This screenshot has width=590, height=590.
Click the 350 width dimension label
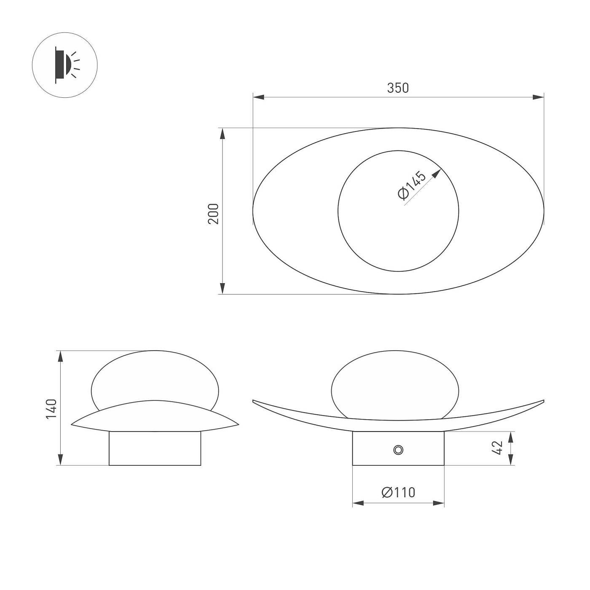coord(398,88)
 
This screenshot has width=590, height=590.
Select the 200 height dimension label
coord(214,214)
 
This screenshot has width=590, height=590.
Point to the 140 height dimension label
coord(51,408)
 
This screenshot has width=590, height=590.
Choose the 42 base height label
coord(498,448)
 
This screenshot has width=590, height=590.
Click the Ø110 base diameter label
coord(398,492)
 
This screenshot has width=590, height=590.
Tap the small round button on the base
coord(398,450)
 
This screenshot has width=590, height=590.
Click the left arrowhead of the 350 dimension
coord(258,97)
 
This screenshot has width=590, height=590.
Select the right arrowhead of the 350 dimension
coord(539,97)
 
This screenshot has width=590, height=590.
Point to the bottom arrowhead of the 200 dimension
coord(222,289)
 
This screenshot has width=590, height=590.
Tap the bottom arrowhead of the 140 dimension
coord(61,460)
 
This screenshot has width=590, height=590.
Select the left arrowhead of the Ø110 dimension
coord(358,503)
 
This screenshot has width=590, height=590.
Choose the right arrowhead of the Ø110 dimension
coord(439,503)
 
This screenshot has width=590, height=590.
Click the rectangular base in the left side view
coord(155,448)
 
